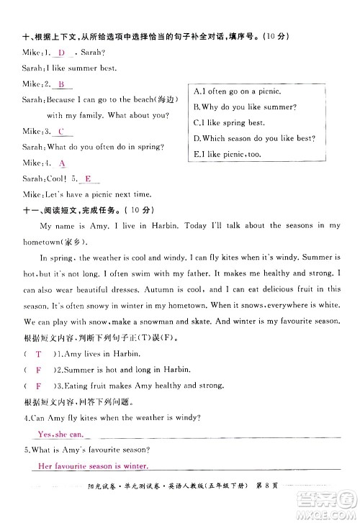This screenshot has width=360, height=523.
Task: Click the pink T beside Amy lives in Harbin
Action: pyautogui.click(x=38, y=355)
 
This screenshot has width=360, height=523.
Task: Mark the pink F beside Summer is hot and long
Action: pyautogui.click(x=38, y=370)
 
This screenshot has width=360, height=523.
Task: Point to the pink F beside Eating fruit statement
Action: pyautogui.click(x=38, y=386)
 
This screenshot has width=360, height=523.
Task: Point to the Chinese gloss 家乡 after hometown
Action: pyautogui.click(x=68, y=241)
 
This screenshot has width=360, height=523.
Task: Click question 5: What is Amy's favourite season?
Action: pyautogui.click(x=86, y=450)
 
